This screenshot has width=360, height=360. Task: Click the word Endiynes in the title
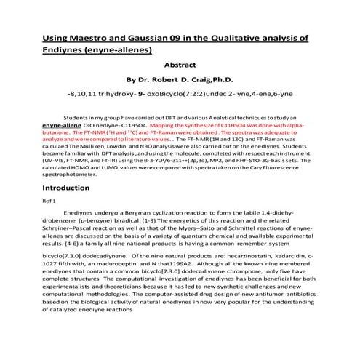[64, 50]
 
